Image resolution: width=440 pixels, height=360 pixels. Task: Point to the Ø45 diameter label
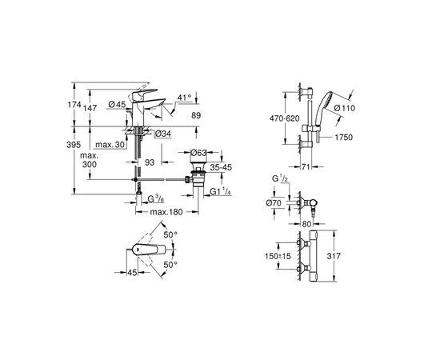pos(118,103)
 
